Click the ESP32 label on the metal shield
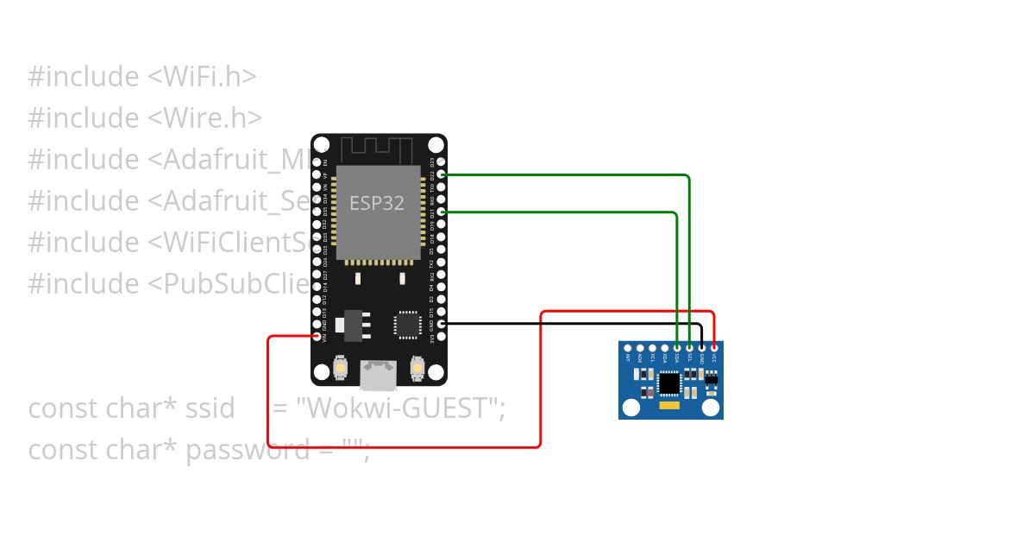(x=377, y=203)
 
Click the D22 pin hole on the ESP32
(x=442, y=174)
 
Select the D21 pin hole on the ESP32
(x=442, y=212)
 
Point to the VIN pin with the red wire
(x=317, y=336)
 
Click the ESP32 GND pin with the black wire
(x=442, y=324)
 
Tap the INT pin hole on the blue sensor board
(x=628, y=348)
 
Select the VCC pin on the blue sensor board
(x=714, y=348)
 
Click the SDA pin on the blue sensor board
(x=677, y=348)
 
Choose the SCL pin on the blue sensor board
(x=689, y=348)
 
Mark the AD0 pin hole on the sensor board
(x=640, y=348)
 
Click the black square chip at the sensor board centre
(x=669, y=383)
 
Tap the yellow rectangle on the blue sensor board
(x=669, y=405)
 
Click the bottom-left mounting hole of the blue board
(x=631, y=407)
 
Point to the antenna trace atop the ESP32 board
(x=378, y=148)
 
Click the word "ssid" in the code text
(x=210, y=408)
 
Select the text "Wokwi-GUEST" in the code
(x=399, y=408)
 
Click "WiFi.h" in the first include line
(x=212, y=76)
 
